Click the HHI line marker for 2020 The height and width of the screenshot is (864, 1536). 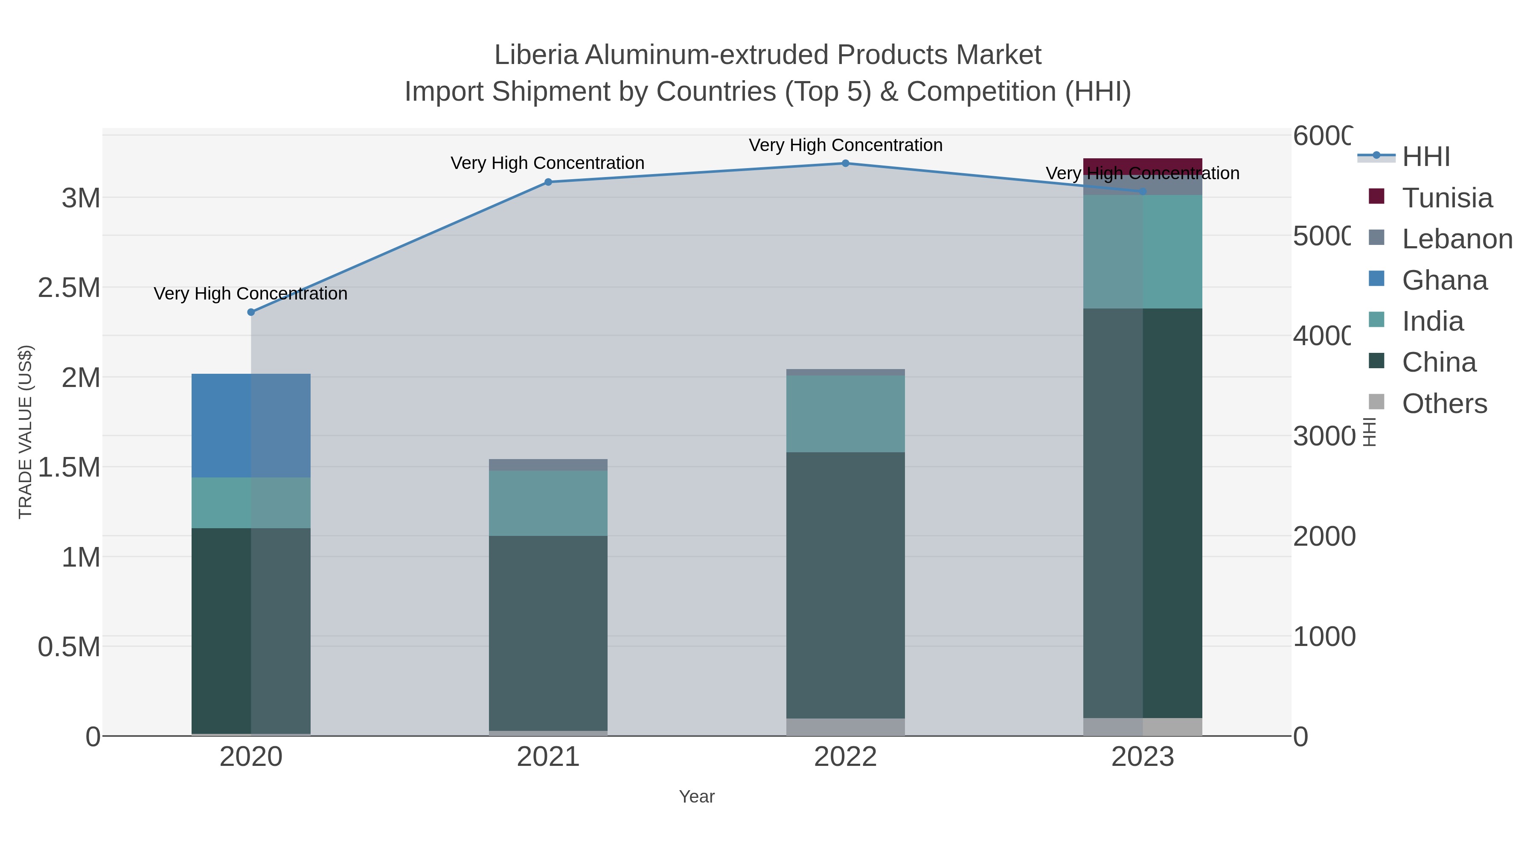point(251,312)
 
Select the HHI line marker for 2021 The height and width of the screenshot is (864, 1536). point(548,182)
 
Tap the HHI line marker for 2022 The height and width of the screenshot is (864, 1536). point(846,163)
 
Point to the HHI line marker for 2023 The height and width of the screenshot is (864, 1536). point(1143,192)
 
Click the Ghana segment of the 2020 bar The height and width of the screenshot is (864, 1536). point(251,425)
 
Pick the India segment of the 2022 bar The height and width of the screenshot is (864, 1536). point(846,414)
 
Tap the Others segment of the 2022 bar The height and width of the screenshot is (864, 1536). point(846,727)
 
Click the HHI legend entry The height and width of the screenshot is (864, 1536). point(1425,157)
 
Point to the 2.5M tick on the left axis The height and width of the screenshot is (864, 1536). point(69,288)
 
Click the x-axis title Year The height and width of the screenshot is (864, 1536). point(696,797)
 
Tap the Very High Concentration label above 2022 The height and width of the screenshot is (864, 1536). point(846,145)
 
